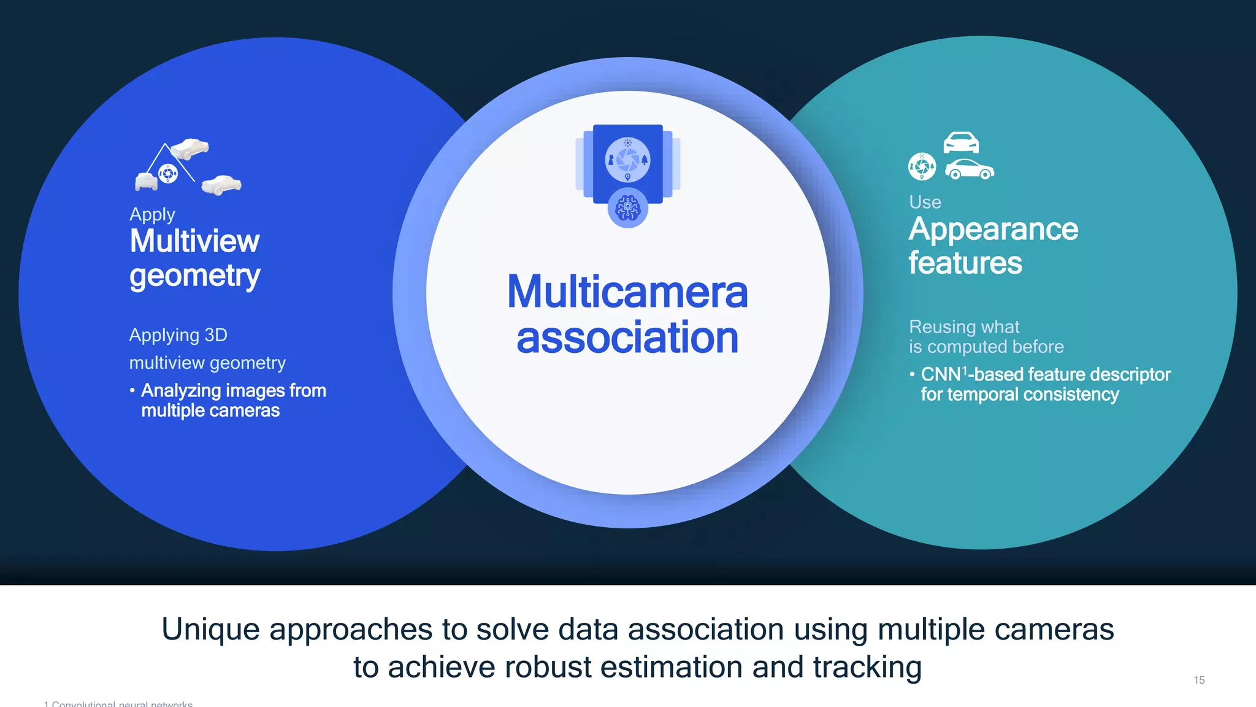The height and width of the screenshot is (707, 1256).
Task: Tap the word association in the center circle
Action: (627, 338)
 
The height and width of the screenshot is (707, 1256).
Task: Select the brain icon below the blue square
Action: (627, 208)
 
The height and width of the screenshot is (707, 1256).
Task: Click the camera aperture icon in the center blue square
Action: (627, 160)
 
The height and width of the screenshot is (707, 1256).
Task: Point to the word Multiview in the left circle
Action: (194, 241)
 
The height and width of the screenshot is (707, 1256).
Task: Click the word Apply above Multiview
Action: (152, 215)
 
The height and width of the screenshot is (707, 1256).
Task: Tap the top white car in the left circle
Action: (190, 148)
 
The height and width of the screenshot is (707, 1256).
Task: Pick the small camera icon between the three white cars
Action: (168, 174)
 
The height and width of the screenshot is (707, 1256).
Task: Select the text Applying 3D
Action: (178, 335)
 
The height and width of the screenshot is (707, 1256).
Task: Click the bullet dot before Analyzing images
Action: (132, 390)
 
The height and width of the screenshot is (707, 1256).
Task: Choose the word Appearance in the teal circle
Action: (993, 230)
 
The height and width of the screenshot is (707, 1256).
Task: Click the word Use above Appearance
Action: (925, 203)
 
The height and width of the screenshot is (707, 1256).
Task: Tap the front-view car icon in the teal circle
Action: (960, 143)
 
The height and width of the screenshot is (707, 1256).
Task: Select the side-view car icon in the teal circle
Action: (969, 169)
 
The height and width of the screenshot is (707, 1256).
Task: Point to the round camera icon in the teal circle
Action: (922, 166)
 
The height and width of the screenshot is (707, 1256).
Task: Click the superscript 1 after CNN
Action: (965, 370)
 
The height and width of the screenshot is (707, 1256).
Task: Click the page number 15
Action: (1199, 680)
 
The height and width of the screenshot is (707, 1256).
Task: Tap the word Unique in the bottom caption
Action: (210, 630)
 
